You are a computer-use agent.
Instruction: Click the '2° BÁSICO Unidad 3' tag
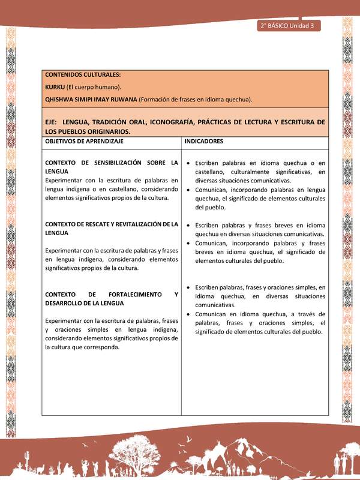(x=289, y=26)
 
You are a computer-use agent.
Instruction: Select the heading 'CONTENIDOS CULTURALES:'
(x=83, y=75)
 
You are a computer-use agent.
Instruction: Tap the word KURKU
(x=55, y=87)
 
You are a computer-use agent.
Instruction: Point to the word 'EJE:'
(x=52, y=122)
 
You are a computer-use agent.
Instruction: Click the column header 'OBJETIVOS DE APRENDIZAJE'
(x=84, y=142)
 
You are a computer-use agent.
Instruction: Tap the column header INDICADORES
(x=205, y=142)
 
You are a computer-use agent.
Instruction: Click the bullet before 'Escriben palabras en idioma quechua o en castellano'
(x=189, y=163)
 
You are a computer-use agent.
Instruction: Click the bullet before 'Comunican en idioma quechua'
(x=189, y=314)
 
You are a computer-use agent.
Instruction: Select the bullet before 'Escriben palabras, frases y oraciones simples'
(x=189, y=288)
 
